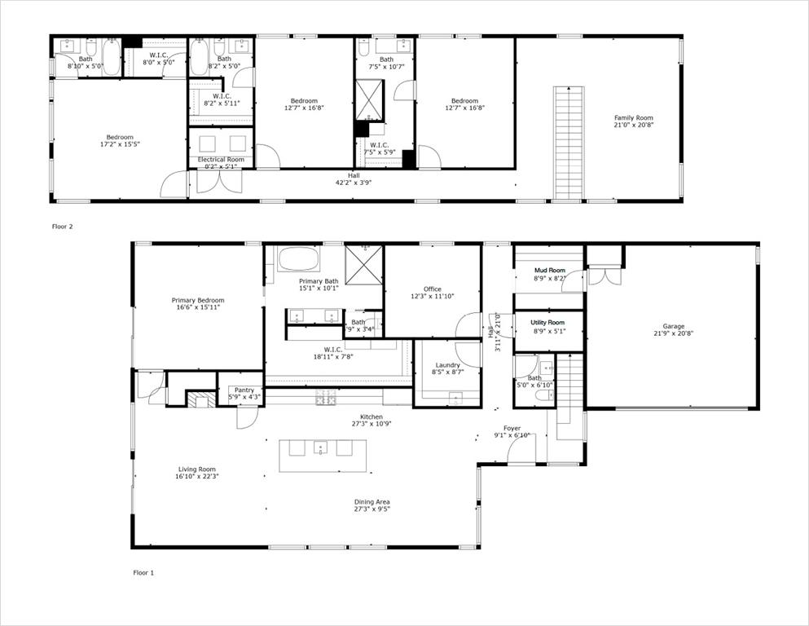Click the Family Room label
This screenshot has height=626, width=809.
tap(634, 117)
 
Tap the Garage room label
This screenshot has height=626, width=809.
tap(673, 326)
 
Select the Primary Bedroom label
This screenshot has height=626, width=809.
tap(198, 301)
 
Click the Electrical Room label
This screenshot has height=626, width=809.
tap(221, 160)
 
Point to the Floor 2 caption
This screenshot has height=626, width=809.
tap(63, 227)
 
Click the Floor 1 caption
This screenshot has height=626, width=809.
tap(143, 573)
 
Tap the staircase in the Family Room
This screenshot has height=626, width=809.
tap(569, 142)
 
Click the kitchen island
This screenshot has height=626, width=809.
tap(323, 455)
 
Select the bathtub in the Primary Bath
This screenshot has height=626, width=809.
tap(299, 259)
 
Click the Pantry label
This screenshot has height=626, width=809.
tap(244, 390)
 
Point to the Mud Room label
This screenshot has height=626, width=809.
tap(549, 270)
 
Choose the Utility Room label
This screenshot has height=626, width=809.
tap(549, 324)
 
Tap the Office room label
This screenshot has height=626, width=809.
tap(432, 289)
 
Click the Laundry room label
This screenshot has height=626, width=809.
tap(447, 365)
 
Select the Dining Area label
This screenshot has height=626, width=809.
tap(372, 501)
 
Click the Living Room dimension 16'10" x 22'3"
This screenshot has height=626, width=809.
tap(198, 476)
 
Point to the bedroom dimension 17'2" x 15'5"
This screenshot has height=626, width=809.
tap(120, 144)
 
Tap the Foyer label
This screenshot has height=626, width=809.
tap(512, 428)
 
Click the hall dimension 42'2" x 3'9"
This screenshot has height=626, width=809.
tap(354, 183)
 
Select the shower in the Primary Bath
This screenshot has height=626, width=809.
tap(364, 263)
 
